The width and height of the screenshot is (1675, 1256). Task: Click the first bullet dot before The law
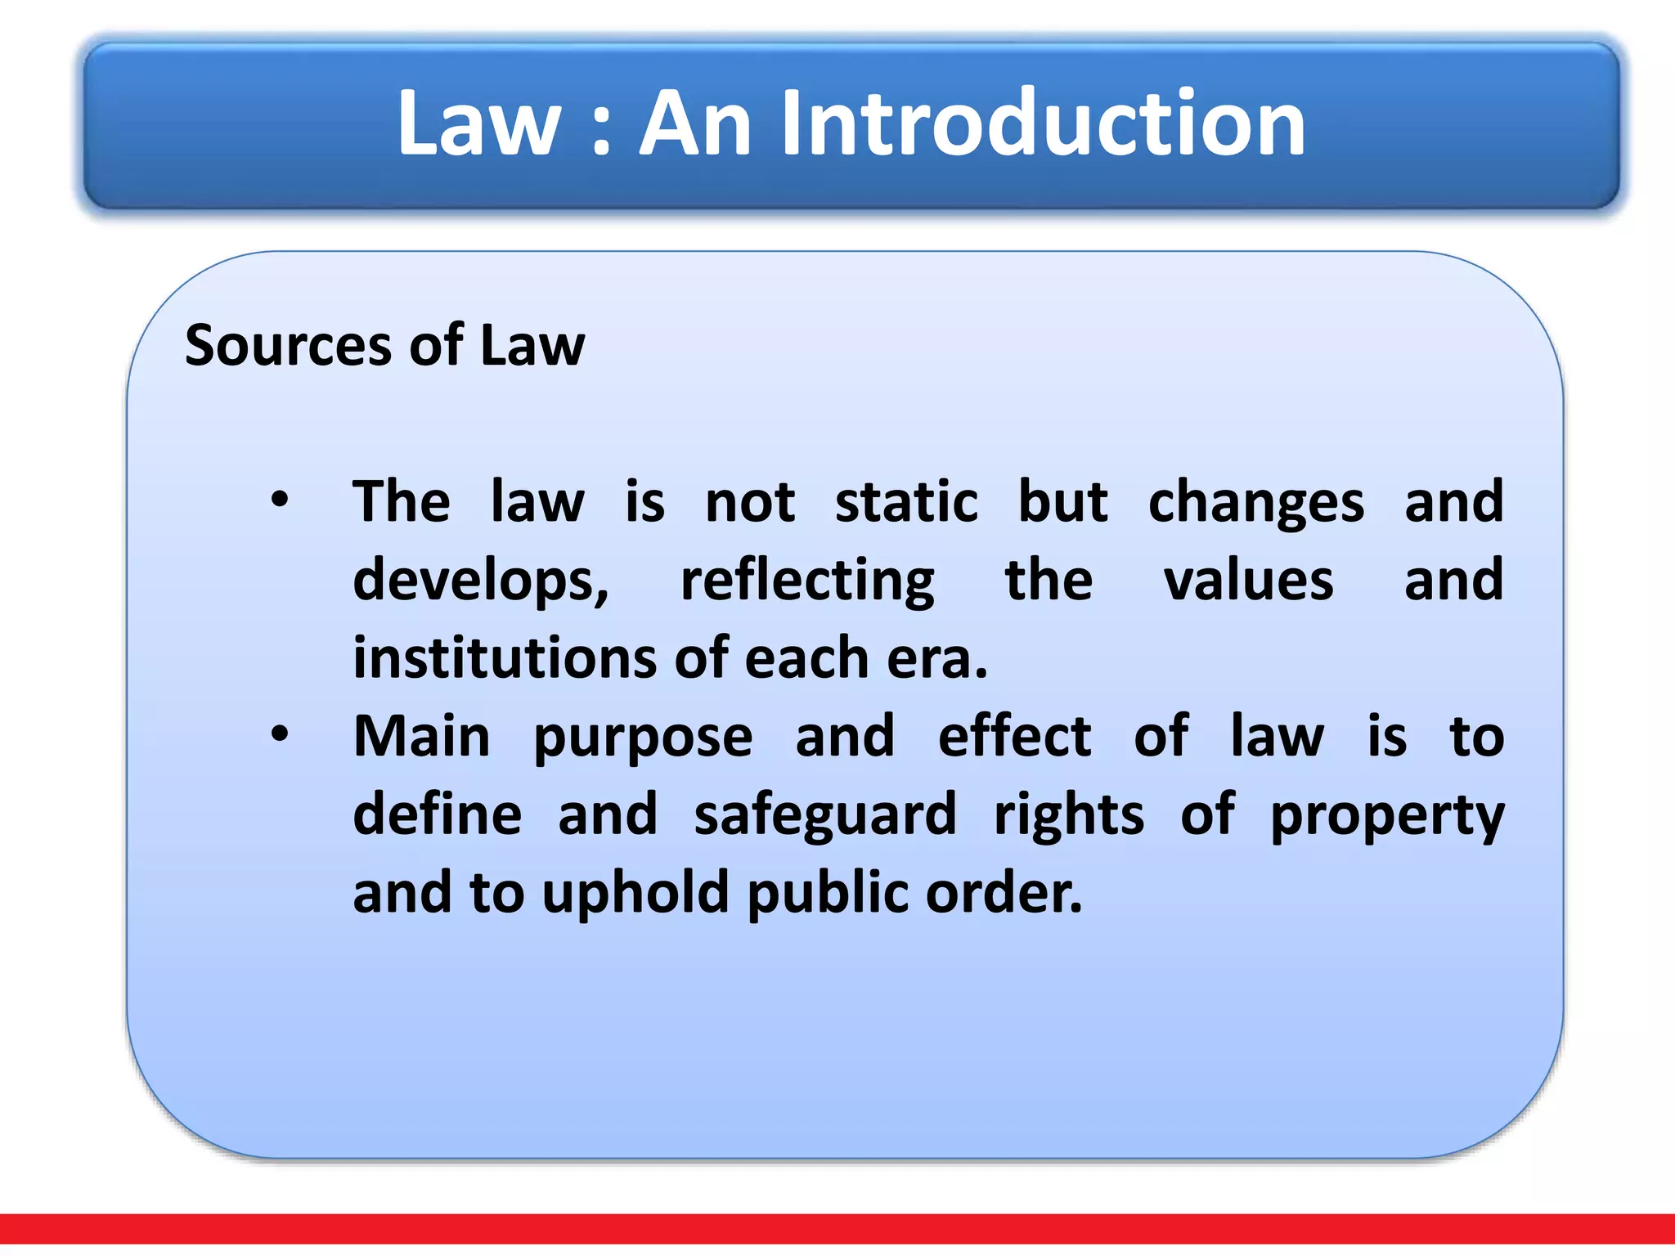click(280, 499)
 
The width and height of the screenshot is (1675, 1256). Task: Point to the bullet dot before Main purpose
click(280, 733)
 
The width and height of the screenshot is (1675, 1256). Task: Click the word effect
click(1014, 735)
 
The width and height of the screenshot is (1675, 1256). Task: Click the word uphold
click(635, 893)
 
